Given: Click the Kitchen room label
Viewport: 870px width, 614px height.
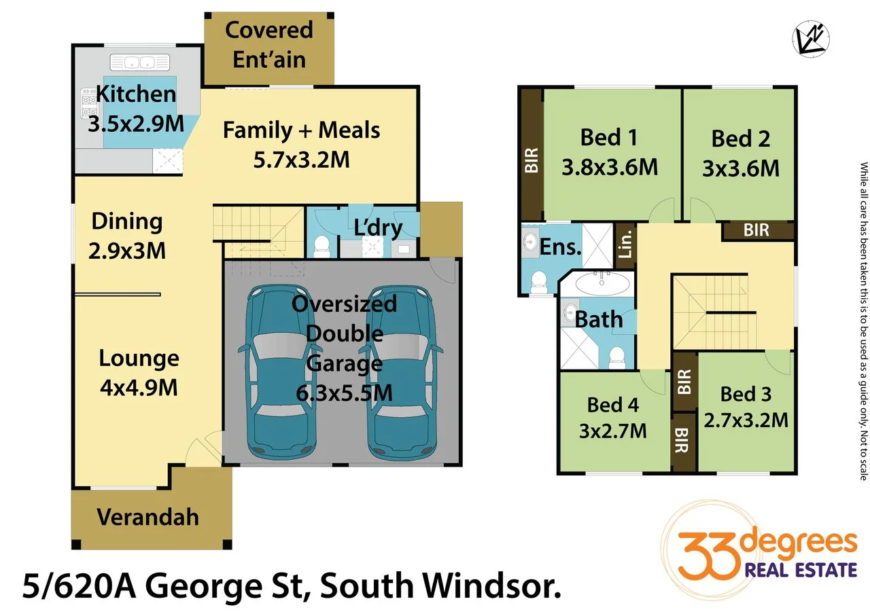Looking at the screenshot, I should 137,94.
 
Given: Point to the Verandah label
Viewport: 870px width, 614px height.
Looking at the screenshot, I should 147,517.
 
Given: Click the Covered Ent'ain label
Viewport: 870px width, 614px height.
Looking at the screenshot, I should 269,44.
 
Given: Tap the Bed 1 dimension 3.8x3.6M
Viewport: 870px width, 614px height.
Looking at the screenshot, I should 610,166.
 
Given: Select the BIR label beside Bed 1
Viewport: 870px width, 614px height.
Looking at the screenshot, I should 531,160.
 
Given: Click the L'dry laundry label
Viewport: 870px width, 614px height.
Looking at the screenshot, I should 378,228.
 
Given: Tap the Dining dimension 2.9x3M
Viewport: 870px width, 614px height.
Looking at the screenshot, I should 127,250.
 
